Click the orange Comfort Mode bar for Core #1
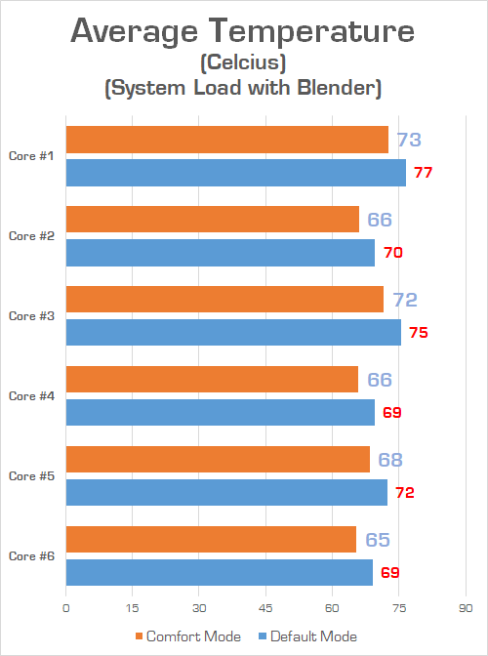pos(226,140)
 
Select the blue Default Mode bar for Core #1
pos(235,173)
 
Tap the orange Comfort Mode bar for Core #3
pos(224,300)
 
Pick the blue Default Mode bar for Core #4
pos(220,413)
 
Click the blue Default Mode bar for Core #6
pos(219,573)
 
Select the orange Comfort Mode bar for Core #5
pos(218,460)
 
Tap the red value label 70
pos(392,253)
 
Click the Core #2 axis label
pos(31,236)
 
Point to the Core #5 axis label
pos(31,476)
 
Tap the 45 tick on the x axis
pos(265,607)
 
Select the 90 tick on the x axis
pos(465,607)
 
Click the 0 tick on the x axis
pos(66,607)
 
